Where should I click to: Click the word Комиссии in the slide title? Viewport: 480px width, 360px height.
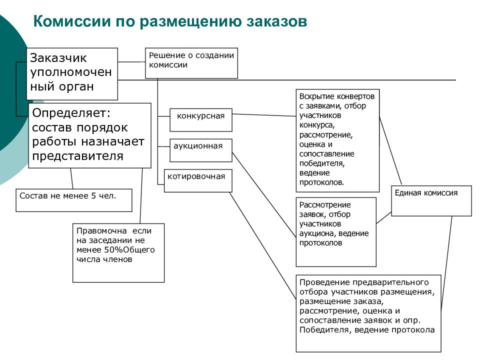click(x=72, y=21)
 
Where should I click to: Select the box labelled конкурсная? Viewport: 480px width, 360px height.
click(x=201, y=120)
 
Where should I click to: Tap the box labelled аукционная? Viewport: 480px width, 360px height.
click(x=201, y=150)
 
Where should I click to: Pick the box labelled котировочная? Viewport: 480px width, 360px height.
click(x=198, y=180)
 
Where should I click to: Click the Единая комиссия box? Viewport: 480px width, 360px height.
click(x=431, y=201)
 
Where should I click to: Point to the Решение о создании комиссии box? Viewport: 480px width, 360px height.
click(x=191, y=63)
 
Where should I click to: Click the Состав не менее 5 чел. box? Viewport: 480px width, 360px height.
click(x=74, y=200)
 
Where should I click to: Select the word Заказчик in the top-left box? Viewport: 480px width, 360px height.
click(x=58, y=58)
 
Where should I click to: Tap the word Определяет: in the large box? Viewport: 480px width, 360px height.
click(x=71, y=113)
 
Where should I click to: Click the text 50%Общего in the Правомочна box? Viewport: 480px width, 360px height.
click(x=129, y=250)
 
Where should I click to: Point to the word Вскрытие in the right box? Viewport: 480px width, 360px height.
click(x=314, y=96)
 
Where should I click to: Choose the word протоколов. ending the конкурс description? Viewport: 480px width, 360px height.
click(x=321, y=183)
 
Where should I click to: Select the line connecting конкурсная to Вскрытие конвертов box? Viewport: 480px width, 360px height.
click(x=264, y=115)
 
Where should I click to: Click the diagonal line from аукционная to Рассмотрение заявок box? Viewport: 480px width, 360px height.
click(x=264, y=195)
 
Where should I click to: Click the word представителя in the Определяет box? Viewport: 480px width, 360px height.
click(x=78, y=156)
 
